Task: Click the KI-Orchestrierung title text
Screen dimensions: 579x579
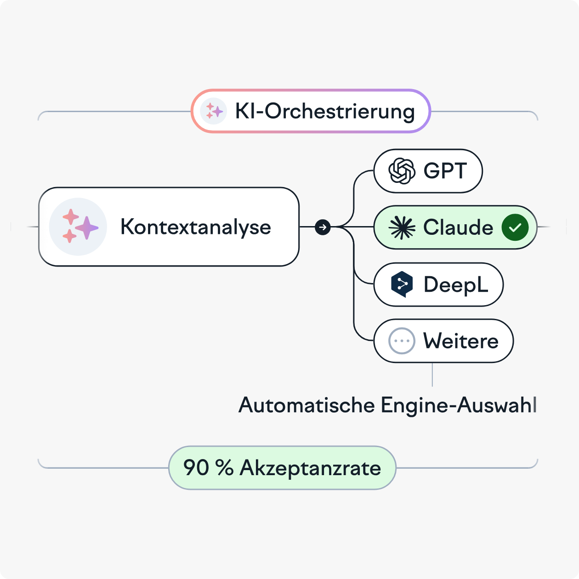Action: (325, 112)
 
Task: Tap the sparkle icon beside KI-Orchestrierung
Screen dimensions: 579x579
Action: (214, 111)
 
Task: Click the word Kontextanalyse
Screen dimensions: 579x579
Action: (196, 227)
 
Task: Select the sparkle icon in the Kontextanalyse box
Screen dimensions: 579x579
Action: (78, 227)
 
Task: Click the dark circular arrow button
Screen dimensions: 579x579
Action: (323, 227)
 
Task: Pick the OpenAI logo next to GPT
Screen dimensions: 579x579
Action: (402, 171)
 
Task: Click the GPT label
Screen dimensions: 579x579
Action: (445, 170)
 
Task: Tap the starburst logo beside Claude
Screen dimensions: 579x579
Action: (402, 227)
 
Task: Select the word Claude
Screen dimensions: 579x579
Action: (458, 227)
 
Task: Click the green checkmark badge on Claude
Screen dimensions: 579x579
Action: (515, 227)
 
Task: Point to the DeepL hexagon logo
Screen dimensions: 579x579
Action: (402, 284)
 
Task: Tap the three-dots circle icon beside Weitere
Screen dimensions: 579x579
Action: (402, 341)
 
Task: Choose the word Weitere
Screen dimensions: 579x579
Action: (460, 341)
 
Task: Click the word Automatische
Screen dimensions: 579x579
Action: (307, 405)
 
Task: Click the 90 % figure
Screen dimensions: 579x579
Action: (208, 467)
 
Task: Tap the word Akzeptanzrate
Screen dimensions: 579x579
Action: (310, 468)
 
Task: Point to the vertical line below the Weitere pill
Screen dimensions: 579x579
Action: (432, 375)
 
